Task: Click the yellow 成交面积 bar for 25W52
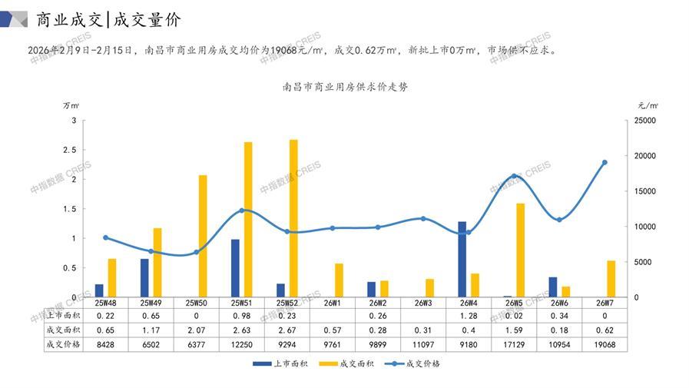tap(293, 218)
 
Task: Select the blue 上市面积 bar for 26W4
tap(462, 259)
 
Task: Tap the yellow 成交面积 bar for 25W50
tap(203, 236)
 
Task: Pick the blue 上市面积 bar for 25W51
tap(235, 268)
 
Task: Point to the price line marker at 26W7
tap(605, 163)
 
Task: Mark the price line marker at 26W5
tap(514, 177)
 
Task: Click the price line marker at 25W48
tap(106, 237)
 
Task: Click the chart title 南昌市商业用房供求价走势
tap(346, 87)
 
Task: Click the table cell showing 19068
tap(605, 344)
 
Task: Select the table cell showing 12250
tap(242, 344)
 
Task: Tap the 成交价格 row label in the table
tap(62, 344)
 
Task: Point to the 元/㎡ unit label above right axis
tap(648, 104)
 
